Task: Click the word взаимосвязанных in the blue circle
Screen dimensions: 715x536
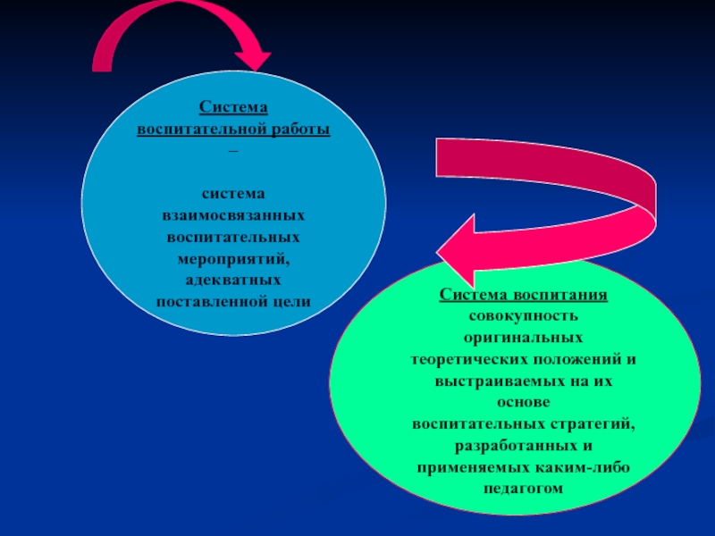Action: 233,216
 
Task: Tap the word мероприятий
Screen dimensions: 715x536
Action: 233,259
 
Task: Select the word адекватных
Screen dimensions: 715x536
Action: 233,281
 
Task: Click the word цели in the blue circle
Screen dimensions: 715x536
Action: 294,302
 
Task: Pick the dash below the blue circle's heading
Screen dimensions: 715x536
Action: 233,151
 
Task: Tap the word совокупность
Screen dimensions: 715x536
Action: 524,316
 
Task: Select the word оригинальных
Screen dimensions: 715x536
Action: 524,338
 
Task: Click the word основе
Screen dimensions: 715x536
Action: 524,402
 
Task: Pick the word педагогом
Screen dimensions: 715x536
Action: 524,488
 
